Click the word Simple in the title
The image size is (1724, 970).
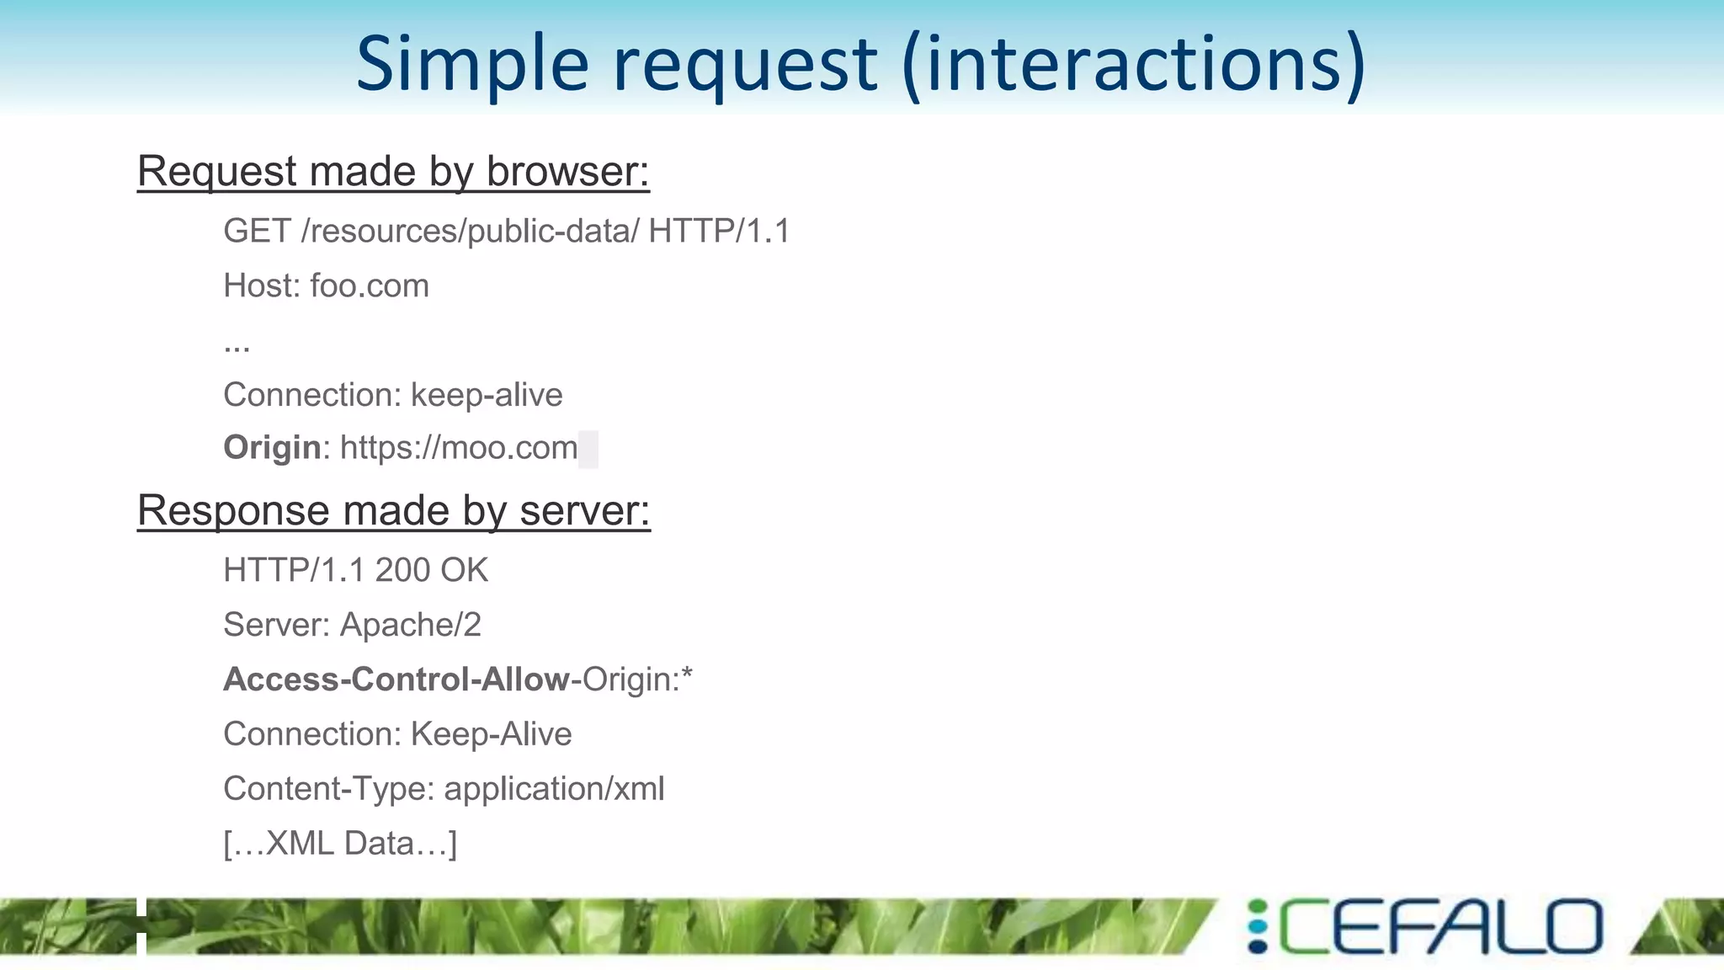(x=472, y=64)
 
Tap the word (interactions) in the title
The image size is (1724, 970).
(x=1133, y=64)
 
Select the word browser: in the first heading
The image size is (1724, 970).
(x=567, y=172)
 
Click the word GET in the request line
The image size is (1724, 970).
(x=257, y=232)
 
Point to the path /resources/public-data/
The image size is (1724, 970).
(x=470, y=232)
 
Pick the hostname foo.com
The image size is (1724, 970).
(x=370, y=286)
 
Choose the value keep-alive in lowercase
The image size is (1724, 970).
(x=487, y=395)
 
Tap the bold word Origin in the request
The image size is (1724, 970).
(x=272, y=448)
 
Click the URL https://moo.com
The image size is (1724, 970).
(x=459, y=448)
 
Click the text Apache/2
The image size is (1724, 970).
(x=411, y=626)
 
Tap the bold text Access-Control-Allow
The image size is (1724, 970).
(x=396, y=680)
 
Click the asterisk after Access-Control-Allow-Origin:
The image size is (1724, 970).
(x=687, y=675)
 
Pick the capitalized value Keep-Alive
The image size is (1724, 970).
(x=491, y=734)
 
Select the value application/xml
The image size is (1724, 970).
(x=554, y=790)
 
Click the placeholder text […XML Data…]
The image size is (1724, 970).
(x=340, y=844)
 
